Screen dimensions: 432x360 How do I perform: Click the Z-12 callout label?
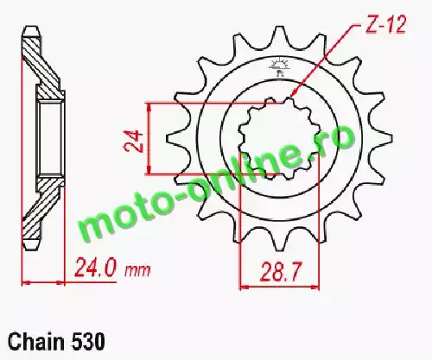(385, 24)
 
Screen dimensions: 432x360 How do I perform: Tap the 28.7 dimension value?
(280, 272)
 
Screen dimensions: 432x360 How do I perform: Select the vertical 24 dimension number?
(134, 142)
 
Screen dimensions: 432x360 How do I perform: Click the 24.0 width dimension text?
(96, 268)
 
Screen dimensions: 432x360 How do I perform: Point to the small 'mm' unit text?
(137, 271)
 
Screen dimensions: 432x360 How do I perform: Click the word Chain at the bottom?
(36, 342)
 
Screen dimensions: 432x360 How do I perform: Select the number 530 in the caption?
(87, 342)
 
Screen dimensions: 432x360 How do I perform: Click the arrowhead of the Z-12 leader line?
(292, 93)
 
